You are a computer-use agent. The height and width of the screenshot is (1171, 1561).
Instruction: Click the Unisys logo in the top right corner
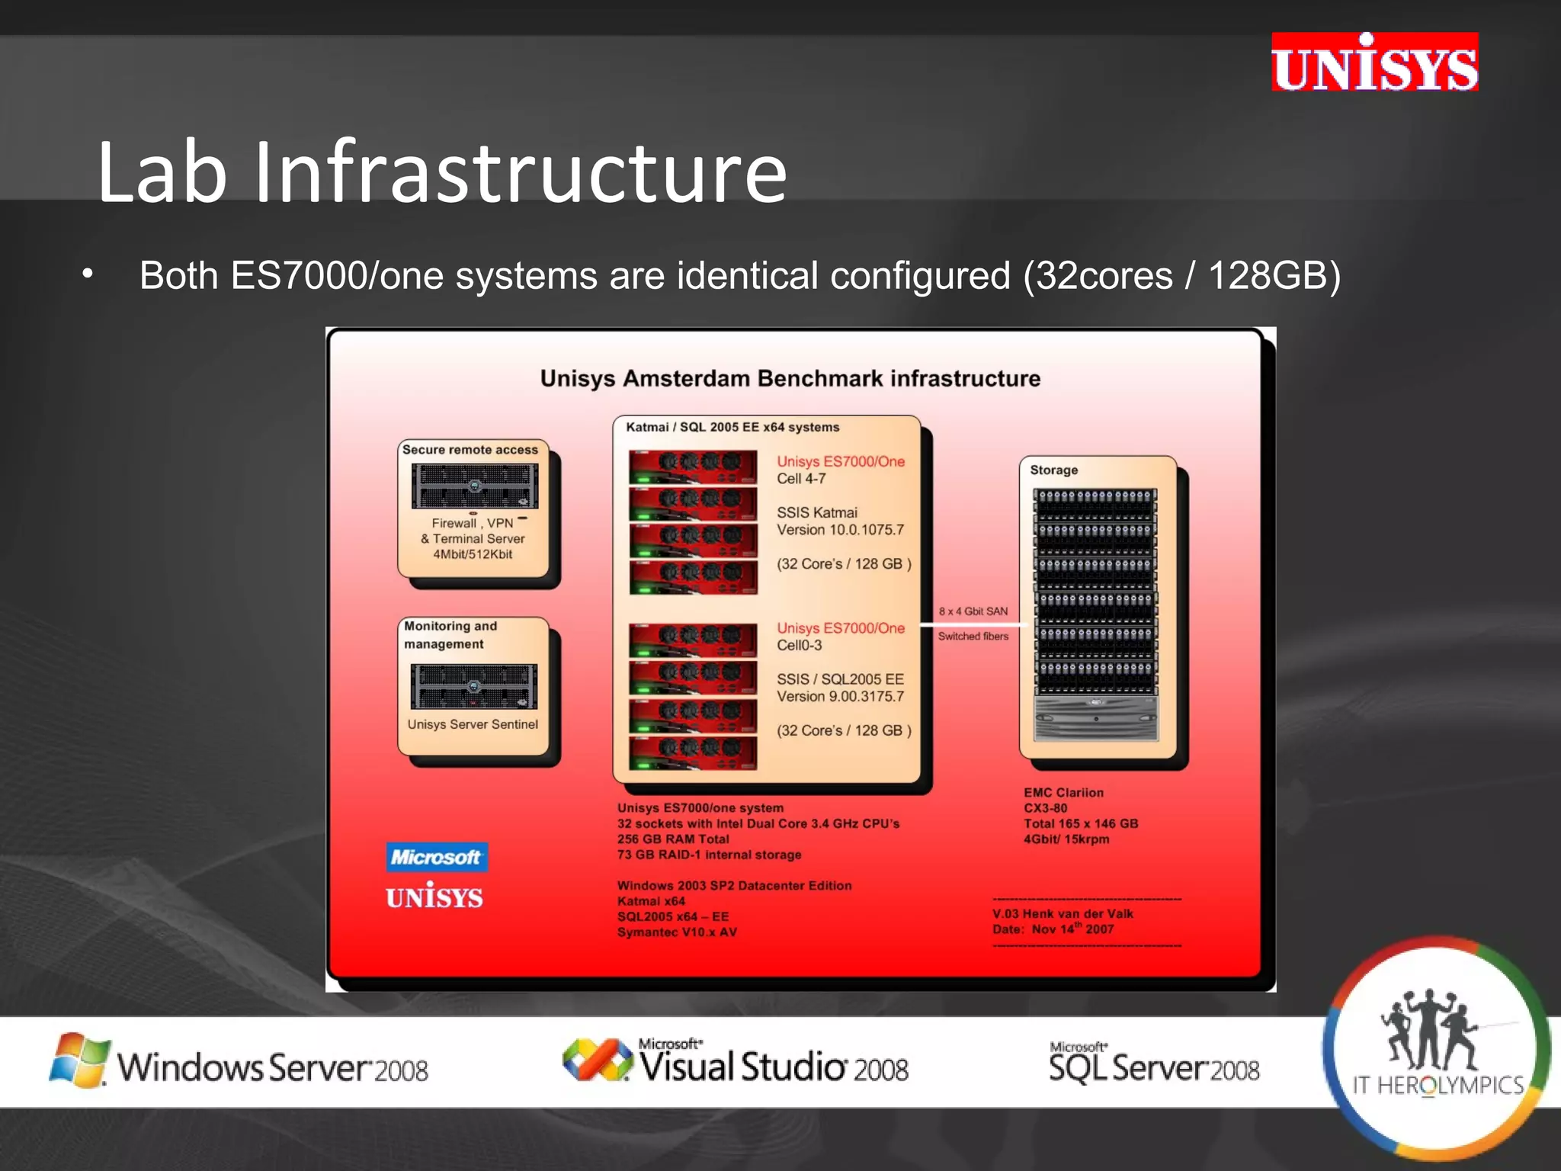click(1374, 63)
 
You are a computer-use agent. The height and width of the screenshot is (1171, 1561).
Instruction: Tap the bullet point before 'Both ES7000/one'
click(88, 274)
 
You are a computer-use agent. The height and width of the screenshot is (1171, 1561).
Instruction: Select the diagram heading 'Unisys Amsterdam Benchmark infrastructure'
click(790, 378)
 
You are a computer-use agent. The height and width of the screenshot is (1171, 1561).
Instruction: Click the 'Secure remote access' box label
click(470, 450)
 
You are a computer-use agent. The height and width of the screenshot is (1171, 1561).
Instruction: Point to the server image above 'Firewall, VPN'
click(475, 486)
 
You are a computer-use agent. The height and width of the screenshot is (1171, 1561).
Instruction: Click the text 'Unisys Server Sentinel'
click(473, 724)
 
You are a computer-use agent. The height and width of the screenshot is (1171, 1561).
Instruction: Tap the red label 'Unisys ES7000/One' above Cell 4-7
click(841, 461)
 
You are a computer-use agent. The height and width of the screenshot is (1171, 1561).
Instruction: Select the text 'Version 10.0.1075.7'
click(840, 530)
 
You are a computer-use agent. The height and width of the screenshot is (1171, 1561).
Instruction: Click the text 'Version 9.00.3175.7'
click(840, 696)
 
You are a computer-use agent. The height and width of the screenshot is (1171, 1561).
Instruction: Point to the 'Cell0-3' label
click(800, 645)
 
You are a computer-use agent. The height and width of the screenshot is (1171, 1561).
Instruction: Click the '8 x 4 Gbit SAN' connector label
click(973, 611)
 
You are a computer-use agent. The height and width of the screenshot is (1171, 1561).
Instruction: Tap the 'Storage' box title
click(1053, 470)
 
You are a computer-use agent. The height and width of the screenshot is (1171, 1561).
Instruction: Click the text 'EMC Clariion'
click(1063, 793)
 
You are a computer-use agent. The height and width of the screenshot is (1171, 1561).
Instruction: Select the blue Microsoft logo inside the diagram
click(436, 857)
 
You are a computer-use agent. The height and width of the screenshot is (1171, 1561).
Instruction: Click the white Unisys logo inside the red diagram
click(434, 897)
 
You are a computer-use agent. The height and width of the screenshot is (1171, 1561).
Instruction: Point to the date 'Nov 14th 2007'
click(1072, 929)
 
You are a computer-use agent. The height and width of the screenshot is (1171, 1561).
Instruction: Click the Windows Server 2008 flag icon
click(78, 1060)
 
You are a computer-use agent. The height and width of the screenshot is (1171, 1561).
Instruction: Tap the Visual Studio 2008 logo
click(736, 1061)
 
